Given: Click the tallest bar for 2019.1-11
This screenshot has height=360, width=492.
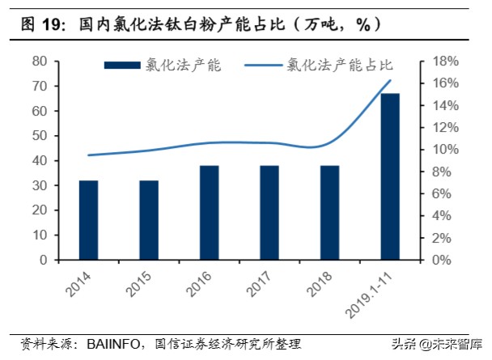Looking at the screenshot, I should pos(388,176).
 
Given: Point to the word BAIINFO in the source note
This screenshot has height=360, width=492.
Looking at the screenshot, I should pos(120,344).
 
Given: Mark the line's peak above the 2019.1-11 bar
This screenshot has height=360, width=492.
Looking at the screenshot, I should pos(390,80).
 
